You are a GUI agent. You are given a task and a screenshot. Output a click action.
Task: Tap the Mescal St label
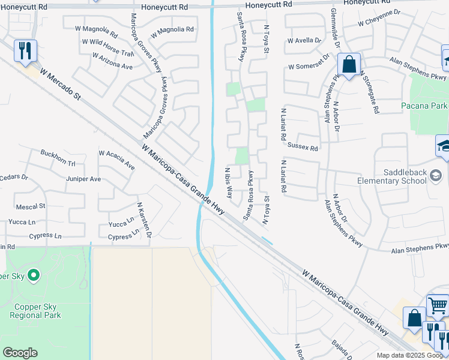point(33,206)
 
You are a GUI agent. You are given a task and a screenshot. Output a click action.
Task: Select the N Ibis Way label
point(229,184)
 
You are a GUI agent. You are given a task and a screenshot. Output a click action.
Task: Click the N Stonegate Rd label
point(369,92)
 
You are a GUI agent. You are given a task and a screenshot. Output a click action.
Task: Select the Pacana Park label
point(424,106)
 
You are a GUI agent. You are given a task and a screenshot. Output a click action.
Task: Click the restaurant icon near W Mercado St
point(25,50)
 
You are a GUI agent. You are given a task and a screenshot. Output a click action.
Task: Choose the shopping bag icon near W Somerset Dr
point(348,63)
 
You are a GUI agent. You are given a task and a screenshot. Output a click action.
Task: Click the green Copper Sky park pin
point(33,276)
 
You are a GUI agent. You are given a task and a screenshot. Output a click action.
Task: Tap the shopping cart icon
point(438,306)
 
